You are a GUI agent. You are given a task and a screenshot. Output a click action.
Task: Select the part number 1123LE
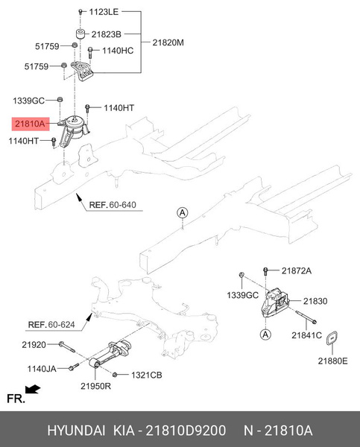click(104, 13)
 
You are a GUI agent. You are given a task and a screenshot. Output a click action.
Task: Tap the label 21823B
click(107, 34)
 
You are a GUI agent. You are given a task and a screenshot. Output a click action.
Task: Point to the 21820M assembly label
click(168, 42)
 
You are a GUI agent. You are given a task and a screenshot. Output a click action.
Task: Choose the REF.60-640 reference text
click(113, 205)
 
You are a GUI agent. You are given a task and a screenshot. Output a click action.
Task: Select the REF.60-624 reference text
click(51, 324)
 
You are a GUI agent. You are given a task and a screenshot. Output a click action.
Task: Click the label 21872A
click(296, 270)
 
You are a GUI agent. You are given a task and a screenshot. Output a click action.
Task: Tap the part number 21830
click(315, 301)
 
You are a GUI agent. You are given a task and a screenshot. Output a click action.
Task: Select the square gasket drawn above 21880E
click(335, 340)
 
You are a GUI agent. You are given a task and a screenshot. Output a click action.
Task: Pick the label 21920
click(34, 344)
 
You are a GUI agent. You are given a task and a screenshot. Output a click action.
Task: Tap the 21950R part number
click(97, 387)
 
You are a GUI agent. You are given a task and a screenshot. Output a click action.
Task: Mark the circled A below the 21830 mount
click(265, 336)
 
